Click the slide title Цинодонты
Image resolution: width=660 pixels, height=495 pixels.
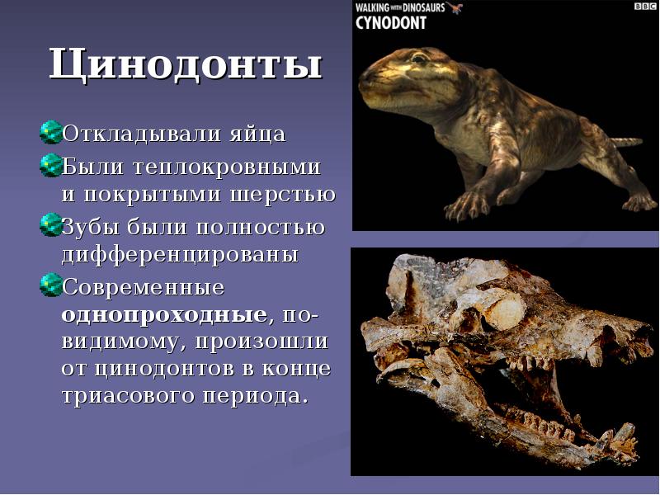[185, 65]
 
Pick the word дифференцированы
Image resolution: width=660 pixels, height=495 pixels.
[180, 254]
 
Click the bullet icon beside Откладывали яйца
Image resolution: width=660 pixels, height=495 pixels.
[50, 131]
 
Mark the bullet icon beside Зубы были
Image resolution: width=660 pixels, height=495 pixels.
[50, 224]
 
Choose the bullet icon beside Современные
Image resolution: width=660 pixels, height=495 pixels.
[50, 285]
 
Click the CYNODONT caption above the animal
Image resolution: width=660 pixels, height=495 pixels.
[393, 22]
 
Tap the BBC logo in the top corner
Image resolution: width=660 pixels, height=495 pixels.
[643, 7]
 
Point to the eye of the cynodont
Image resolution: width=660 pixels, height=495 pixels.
[420, 59]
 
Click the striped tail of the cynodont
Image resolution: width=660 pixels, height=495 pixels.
[627, 141]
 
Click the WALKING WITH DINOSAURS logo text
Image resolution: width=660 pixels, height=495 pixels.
[399, 7]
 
